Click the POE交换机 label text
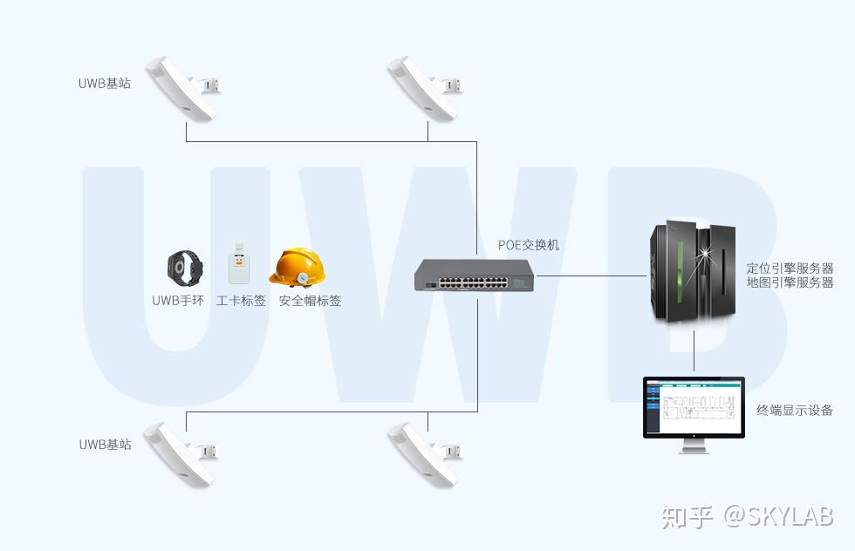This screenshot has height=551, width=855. coord(529,245)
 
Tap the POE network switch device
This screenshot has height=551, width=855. coord(474,275)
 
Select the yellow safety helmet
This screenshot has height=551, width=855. coord(298,267)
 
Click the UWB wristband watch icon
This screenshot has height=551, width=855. coord(184,268)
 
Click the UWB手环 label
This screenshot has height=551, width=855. coord(178,301)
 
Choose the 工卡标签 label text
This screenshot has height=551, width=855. coord(241,301)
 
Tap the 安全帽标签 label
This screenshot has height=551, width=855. coord(310,301)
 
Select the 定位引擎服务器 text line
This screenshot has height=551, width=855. coord(790,268)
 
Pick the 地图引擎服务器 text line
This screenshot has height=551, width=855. coord(790,282)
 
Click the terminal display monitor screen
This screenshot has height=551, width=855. coord(694,407)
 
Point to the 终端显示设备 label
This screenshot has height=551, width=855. coord(795,410)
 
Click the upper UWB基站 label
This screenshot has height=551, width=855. coord(105,84)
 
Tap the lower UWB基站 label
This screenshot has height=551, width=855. coord(105,444)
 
